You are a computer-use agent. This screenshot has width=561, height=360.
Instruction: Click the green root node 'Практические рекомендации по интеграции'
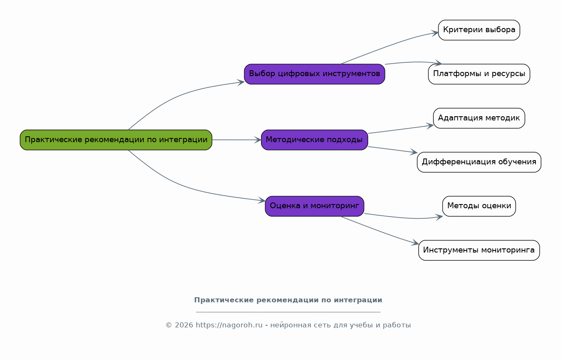(116, 140)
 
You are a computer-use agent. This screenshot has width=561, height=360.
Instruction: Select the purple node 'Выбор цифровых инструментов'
(315, 74)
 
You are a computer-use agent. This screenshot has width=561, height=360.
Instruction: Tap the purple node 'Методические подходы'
(315, 140)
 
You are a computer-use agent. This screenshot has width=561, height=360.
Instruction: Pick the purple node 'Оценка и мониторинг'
(315, 206)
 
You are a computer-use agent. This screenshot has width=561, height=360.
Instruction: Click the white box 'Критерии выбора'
(479, 30)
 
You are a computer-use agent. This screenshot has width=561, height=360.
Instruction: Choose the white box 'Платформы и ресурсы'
(479, 74)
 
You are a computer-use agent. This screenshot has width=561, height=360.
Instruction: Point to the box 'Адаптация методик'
(479, 118)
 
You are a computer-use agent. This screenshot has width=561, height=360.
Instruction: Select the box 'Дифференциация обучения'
(479, 162)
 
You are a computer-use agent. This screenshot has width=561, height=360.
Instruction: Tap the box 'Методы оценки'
(479, 206)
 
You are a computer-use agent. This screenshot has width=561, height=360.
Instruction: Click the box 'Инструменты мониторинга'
(479, 250)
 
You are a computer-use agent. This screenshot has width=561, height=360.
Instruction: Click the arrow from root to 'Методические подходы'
(237, 140)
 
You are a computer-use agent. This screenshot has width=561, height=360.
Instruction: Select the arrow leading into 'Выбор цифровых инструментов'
(181, 95)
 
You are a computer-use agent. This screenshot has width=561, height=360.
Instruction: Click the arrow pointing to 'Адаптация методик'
(401, 129)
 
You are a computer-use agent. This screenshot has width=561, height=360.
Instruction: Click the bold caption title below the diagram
(288, 300)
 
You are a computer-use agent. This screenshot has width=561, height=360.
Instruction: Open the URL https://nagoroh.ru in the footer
(229, 325)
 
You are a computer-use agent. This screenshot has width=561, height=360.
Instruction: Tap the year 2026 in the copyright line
(184, 325)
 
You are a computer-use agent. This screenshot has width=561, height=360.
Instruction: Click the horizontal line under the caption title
(288, 312)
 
